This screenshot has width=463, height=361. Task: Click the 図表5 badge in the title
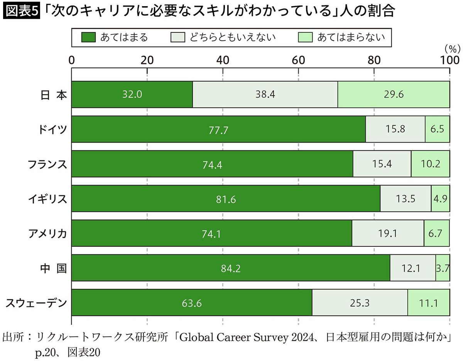click(x=21, y=11)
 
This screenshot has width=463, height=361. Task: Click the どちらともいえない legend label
click(x=232, y=37)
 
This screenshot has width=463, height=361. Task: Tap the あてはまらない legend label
click(x=350, y=37)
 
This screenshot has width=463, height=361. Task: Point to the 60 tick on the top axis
click(x=298, y=60)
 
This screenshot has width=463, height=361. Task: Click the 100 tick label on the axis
click(x=449, y=60)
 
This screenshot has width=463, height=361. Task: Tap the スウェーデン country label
click(x=36, y=303)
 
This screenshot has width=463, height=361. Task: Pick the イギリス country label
click(x=47, y=199)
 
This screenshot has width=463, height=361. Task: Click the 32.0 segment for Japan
click(x=132, y=94)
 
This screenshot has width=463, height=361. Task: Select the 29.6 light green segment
click(x=394, y=94)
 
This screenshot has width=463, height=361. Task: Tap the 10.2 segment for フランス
click(x=430, y=164)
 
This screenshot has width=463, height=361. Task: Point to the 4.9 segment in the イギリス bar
click(x=440, y=199)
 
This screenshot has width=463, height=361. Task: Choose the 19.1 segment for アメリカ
click(x=388, y=233)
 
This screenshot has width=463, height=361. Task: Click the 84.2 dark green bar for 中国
click(x=231, y=268)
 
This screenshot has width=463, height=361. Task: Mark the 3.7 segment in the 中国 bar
click(x=443, y=268)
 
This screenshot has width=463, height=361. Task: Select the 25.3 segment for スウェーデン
click(x=360, y=303)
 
